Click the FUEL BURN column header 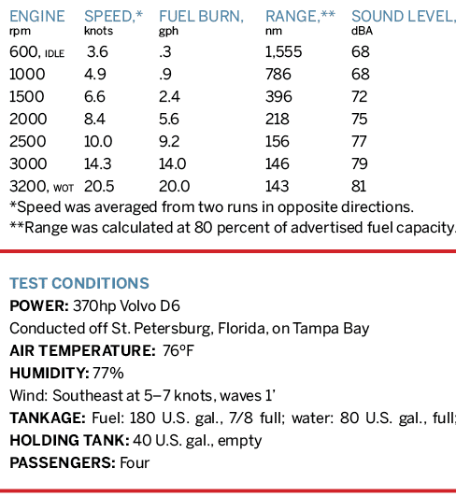pos(201,17)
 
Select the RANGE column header pos(300,17)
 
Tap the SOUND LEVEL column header pos(404,17)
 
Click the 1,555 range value pos(283,52)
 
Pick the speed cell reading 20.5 pos(99,186)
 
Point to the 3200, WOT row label pos(41,186)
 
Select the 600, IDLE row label pos(37,52)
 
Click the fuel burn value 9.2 pos(169,141)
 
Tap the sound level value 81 pos(359,186)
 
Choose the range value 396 pos(278,96)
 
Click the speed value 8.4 pos(94,119)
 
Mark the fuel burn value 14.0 pos(172,163)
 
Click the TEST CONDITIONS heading pos(79,283)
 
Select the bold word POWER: pos(39,305)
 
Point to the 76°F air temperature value pos(178,351)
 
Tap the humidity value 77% pos(108,374)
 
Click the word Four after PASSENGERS pos(135,462)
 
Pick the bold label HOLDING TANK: pos(69,440)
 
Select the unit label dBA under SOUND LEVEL pos(362,31)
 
